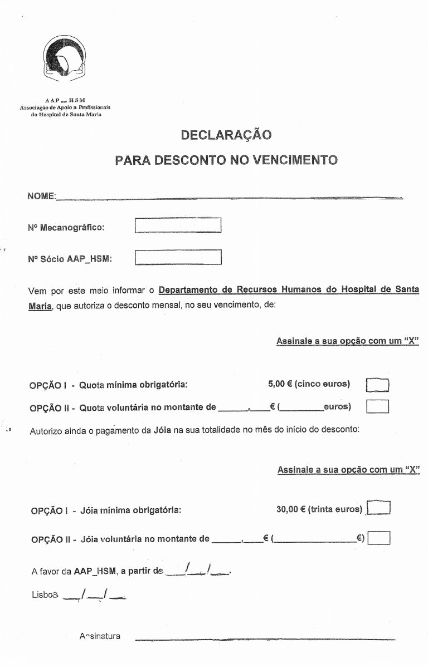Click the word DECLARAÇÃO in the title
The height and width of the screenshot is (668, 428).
226,135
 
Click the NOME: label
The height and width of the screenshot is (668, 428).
41,197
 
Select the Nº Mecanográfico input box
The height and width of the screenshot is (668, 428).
178,225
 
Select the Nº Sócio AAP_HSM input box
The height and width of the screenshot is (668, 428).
178,258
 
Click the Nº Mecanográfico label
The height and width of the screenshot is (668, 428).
66,227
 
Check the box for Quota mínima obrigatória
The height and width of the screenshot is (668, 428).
377,385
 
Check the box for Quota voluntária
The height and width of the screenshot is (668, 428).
377,406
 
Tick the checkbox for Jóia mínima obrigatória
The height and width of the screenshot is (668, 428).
380,509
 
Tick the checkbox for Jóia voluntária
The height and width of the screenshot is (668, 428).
380,538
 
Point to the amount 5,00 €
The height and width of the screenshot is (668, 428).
280,384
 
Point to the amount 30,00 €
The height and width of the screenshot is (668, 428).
290,509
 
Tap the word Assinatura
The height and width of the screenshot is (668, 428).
100,636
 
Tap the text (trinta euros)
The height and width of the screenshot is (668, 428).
336,509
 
